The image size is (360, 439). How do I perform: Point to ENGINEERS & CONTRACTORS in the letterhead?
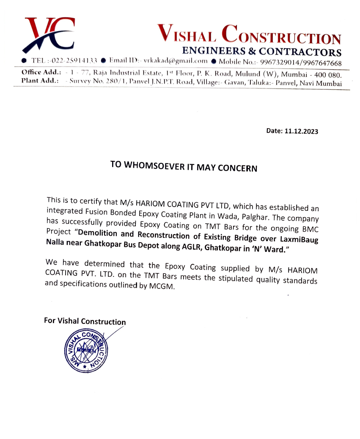click(261, 52)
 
